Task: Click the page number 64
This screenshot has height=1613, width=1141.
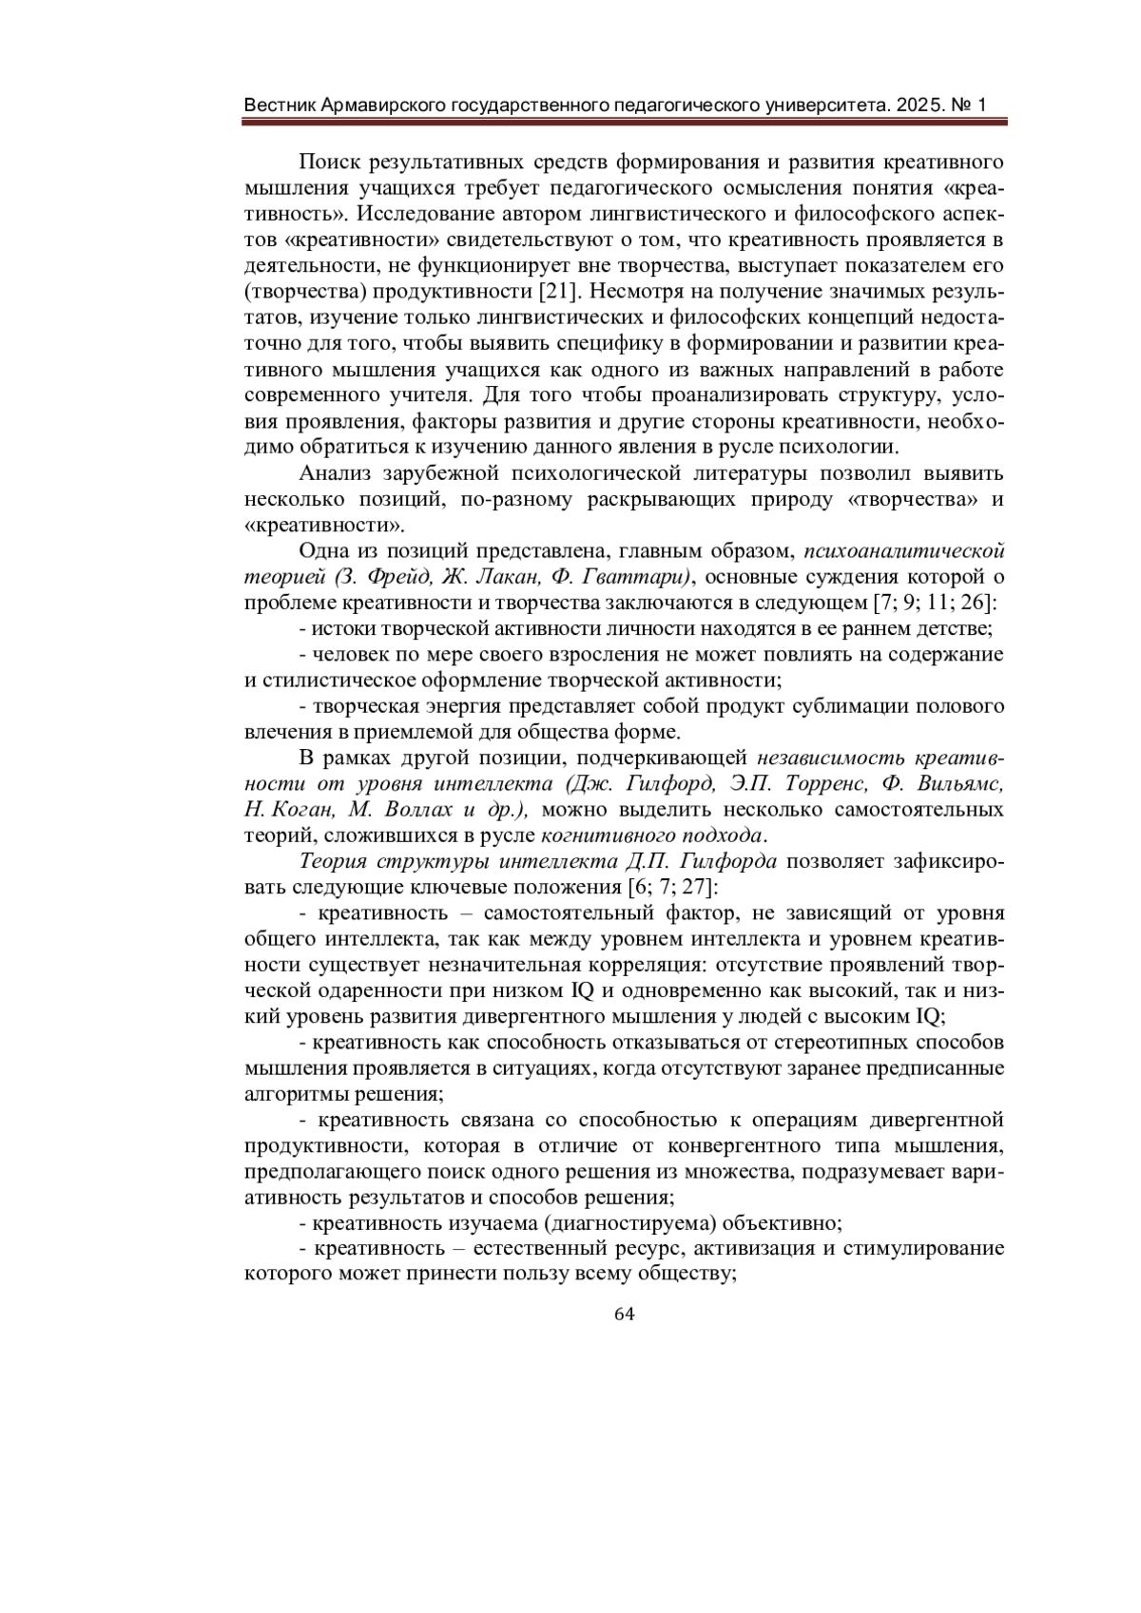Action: click(624, 1314)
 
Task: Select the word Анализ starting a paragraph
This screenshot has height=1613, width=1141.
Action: click(332, 473)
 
